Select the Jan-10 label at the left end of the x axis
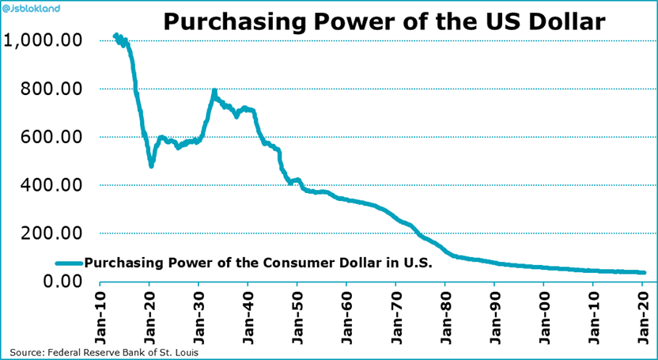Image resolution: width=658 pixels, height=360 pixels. click(99, 316)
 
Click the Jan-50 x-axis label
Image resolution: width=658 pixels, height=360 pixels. click(296, 316)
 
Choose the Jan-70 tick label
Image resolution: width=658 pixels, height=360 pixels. click(395, 316)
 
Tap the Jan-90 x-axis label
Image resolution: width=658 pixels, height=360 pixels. click(494, 316)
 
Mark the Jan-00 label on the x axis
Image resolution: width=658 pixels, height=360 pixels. click(544, 316)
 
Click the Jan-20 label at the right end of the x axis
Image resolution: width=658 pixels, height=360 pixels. click(643, 316)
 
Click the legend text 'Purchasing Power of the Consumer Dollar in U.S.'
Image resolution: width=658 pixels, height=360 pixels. click(258, 263)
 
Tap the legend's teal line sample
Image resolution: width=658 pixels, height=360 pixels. click(69, 263)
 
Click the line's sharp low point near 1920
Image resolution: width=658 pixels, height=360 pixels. click(151, 165)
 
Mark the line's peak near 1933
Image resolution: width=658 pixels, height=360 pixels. click(214, 93)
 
